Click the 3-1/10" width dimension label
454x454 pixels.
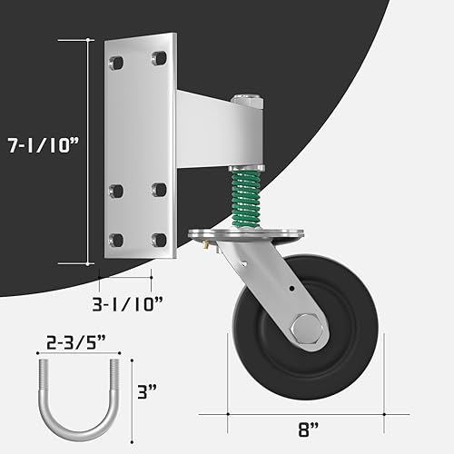click(x=125, y=298)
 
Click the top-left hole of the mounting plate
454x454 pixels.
click(x=115, y=63)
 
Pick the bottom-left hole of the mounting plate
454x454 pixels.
click(x=115, y=240)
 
